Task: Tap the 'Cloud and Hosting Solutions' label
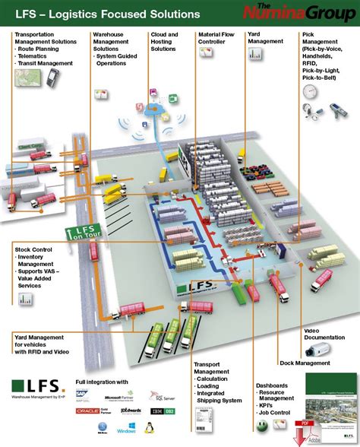point(165,42)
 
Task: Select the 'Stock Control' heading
point(33,248)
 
